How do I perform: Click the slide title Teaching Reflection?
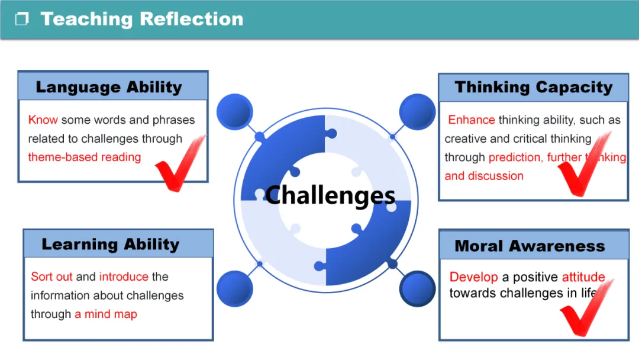tap(141, 19)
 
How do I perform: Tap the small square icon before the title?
tap(22, 20)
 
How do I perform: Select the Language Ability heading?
tap(109, 87)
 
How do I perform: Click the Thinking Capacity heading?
tap(533, 88)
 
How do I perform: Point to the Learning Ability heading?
tap(110, 245)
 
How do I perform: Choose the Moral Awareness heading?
tap(530, 246)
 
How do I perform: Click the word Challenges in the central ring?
tap(330, 195)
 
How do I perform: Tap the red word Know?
tap(43, 120)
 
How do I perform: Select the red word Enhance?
tap(471, 120)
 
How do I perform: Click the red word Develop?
tap(474, 277)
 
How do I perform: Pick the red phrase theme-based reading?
tap(85, 157)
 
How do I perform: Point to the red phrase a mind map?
tap(106, 314)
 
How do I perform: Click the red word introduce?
tap(124, 277)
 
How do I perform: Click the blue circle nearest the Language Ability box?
tap(234, 111)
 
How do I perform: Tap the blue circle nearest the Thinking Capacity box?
tap(417, 111)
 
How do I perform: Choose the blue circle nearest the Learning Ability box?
tap(234, 288)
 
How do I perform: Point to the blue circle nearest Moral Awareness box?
tap(417, 288)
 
